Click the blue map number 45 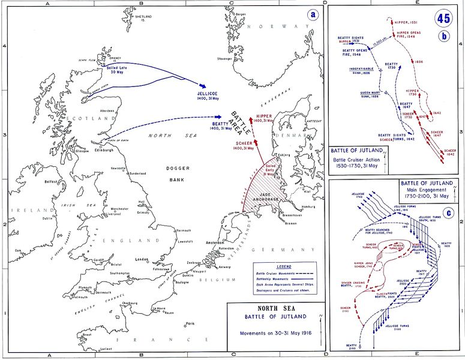443,18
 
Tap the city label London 142,259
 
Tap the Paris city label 190,323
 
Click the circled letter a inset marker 312,15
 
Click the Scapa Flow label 89,60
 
